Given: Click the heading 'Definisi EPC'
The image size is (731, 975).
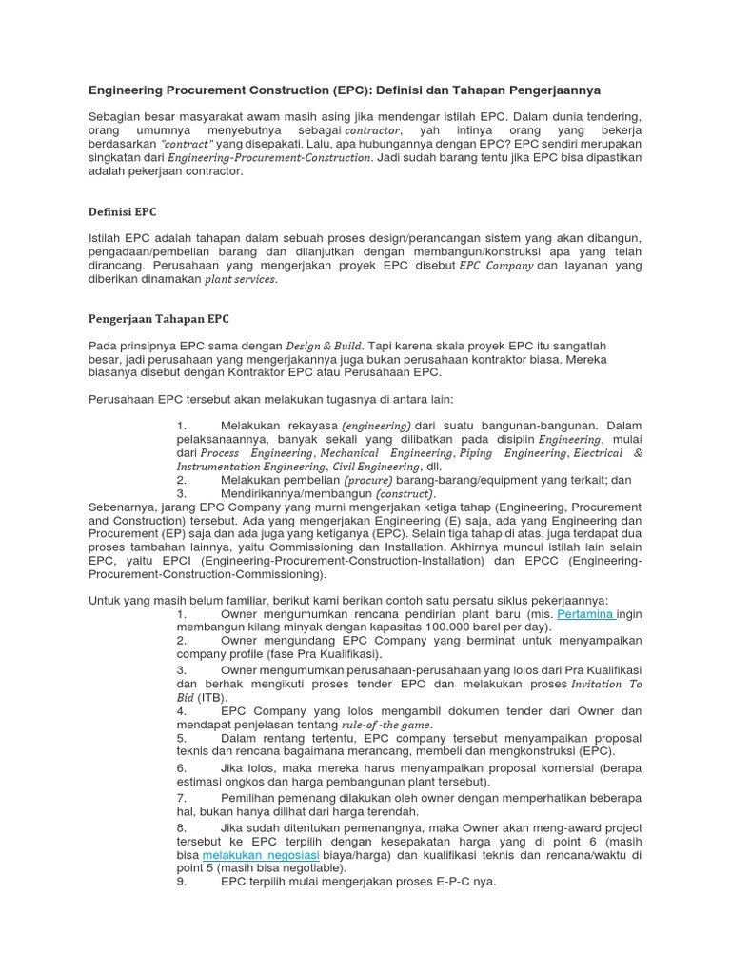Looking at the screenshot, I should [x=123, y=211].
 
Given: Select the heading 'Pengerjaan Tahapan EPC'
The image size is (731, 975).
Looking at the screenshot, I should [x=159, y=318].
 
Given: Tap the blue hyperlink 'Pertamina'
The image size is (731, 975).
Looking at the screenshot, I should [x=585, y=614].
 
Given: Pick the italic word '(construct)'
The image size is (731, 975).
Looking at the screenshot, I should [x=405, y=494].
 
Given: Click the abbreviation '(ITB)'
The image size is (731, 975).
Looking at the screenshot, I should [x=213, y=697].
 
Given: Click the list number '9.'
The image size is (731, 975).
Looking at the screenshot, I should [x=182, y=882].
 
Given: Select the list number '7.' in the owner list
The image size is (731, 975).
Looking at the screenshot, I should [x=182, y=797].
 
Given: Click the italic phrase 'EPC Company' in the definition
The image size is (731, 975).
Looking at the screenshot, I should [x=496, y=266].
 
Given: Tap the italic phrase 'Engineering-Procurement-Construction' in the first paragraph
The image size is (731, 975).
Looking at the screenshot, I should [x=268, y=157].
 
